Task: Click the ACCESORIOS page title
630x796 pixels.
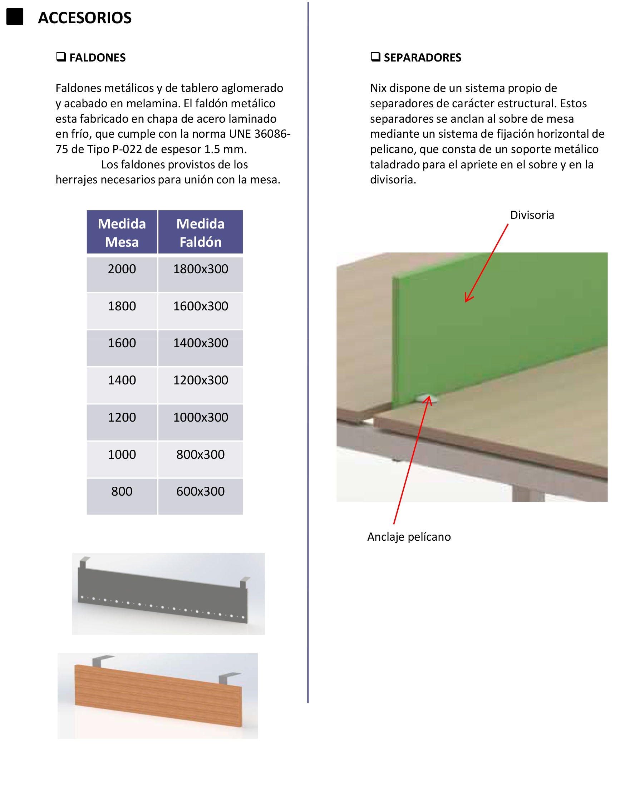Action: [x=84, y=18]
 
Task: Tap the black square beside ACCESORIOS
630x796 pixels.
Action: [x=15, y=16]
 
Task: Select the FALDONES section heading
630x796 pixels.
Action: [x=97, y=58]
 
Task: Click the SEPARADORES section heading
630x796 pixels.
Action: [x=422, y=58]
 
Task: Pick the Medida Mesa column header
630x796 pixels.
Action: [x=122, y=232]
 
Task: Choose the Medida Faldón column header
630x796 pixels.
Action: [x=200, y=232]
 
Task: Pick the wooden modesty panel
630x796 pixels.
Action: [x=159, y=695]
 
